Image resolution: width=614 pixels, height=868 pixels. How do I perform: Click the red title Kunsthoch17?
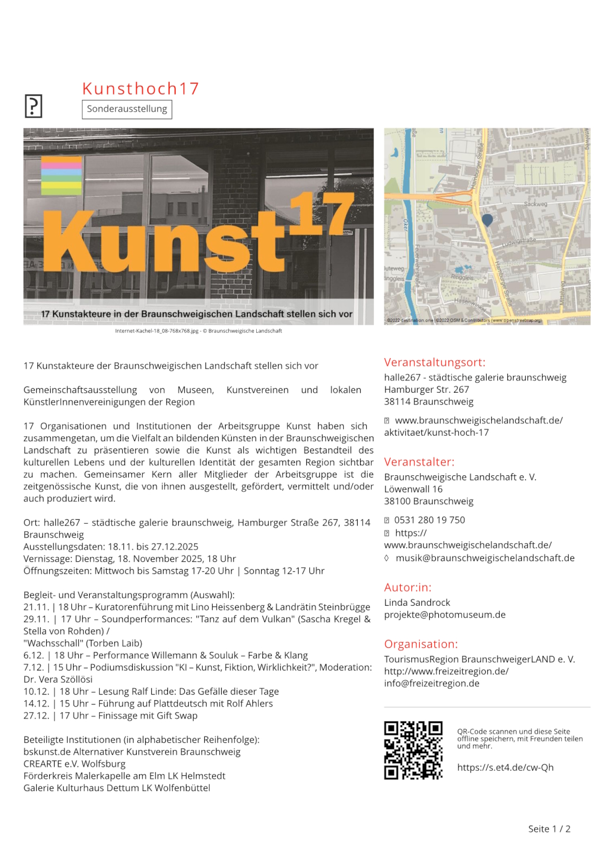(140, 88)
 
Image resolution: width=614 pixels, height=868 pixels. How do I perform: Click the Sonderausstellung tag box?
(127, 109)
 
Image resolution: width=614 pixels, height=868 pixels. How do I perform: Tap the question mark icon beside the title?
(33, 106)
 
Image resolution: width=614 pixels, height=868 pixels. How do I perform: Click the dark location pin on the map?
(487, 220)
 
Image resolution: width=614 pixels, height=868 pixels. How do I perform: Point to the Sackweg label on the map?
(535, 204)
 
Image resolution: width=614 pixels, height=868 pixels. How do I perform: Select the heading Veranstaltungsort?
(434, 362)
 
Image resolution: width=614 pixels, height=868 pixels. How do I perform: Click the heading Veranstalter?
(419, 462)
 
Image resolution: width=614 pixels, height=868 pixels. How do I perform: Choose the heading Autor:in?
(407, 587)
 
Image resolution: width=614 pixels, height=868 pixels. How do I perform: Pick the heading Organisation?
(421, 644)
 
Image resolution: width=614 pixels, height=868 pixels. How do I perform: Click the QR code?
(413, 750)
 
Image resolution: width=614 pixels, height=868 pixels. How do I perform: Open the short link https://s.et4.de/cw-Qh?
(505, 767)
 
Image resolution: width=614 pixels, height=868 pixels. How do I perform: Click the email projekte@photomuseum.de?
(444, 615)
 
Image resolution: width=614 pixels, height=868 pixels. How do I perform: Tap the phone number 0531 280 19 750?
(429, 520)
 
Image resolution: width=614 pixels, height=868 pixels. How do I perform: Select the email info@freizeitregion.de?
(431, 683)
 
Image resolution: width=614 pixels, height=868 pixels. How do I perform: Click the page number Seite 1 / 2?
(549, 829)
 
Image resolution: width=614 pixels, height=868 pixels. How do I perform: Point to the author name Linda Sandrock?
(417, 602)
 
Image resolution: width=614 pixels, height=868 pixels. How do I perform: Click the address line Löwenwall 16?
(413, 489)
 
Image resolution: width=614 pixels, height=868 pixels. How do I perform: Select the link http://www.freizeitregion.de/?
(446, 671)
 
